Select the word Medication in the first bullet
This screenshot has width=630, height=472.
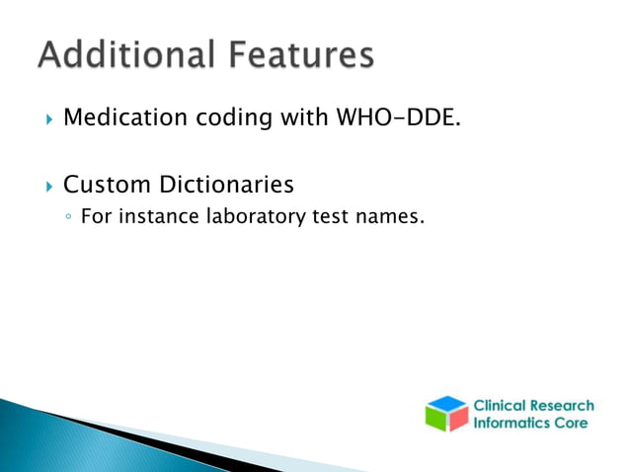123,119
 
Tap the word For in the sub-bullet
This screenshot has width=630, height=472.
96,216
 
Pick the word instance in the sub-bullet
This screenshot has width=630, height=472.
156,216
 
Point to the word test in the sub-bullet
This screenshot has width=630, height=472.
334,216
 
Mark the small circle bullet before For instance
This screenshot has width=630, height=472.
67,217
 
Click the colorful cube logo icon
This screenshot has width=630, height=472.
446,414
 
